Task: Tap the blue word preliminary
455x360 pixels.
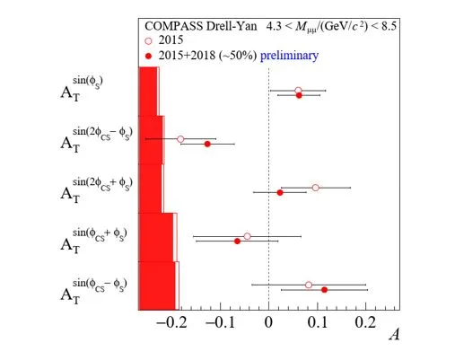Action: pos(289,56)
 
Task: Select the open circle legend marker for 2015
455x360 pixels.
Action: pos(148,41)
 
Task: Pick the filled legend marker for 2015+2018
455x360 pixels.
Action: pos(148,56)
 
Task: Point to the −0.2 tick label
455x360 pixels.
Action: pos(171,322)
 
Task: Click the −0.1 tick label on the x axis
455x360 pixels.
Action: pos(220,322)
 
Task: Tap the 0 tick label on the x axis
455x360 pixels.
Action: pos(268,322)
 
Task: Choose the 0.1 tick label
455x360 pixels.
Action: pos(318,322)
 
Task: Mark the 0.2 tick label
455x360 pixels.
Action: pos(365,322)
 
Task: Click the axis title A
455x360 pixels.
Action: pos(394,334)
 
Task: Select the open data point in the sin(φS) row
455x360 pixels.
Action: pos(298,91)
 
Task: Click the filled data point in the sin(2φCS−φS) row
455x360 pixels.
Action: pos(207,144)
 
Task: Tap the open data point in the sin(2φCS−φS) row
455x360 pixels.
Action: pos(180,139)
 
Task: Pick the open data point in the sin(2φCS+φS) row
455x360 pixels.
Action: pos(315,188)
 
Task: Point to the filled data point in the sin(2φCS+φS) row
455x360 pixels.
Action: pos(280,193)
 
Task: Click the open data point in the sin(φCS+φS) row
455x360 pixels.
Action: pos(247,236)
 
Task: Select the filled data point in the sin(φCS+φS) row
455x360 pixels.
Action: pos(237,241)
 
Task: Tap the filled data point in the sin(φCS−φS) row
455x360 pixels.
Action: pos(324,290)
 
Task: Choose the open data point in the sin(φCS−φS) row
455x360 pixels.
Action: pos(309,285)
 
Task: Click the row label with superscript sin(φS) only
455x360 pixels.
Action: pos(82,89)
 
